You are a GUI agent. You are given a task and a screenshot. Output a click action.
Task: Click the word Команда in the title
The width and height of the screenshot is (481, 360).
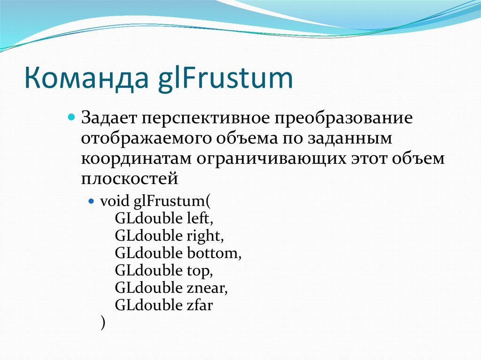coord(85,78)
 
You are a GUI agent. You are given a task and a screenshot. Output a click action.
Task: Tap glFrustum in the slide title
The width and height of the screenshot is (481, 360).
coord(224,79)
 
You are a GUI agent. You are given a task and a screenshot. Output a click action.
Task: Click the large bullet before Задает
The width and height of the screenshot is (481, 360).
coord(72,116)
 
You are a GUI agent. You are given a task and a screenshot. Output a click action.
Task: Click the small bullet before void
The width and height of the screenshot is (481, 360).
coord(92,201)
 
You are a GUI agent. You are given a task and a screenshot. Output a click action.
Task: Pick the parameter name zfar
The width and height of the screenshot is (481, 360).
coord(200,305)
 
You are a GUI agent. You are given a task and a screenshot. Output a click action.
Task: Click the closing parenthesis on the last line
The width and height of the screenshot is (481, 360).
coord(102,323)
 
